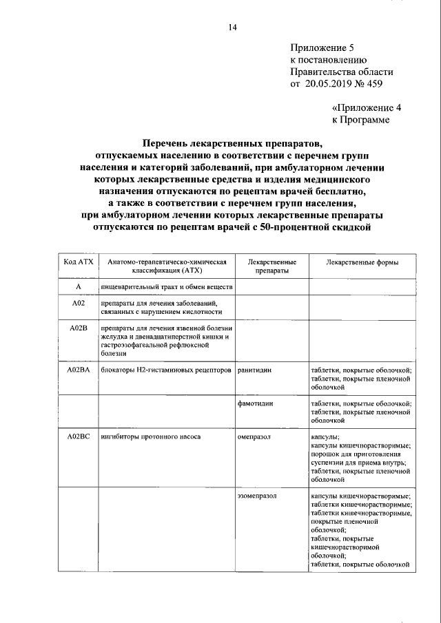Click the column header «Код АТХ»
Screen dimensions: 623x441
coord(78,262)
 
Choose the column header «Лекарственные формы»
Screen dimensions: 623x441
coord(362,262)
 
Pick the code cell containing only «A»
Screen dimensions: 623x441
coord(78,286)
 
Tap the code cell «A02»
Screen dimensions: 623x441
coord(78,303)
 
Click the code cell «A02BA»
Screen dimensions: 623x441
coord(78,370)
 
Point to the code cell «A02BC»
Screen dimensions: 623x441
coord(78,437)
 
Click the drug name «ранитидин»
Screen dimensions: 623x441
coord(254,370)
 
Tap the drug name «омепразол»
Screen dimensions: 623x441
coord(254,437)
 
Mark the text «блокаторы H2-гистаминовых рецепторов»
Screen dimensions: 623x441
coord(165,370)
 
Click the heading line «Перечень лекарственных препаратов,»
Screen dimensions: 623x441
coord(232,144)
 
